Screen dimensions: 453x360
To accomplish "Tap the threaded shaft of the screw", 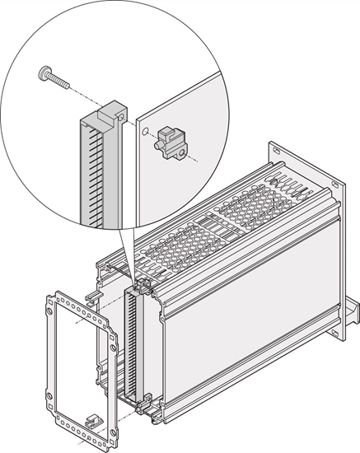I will [61, 82].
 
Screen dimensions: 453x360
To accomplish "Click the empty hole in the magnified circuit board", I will [145, 131].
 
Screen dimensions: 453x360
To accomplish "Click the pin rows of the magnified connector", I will [91, 173].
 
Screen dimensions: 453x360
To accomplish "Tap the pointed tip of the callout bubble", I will [133, 275].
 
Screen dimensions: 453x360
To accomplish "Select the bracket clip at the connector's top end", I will [142, 286].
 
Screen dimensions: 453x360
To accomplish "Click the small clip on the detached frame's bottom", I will [95, 420].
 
